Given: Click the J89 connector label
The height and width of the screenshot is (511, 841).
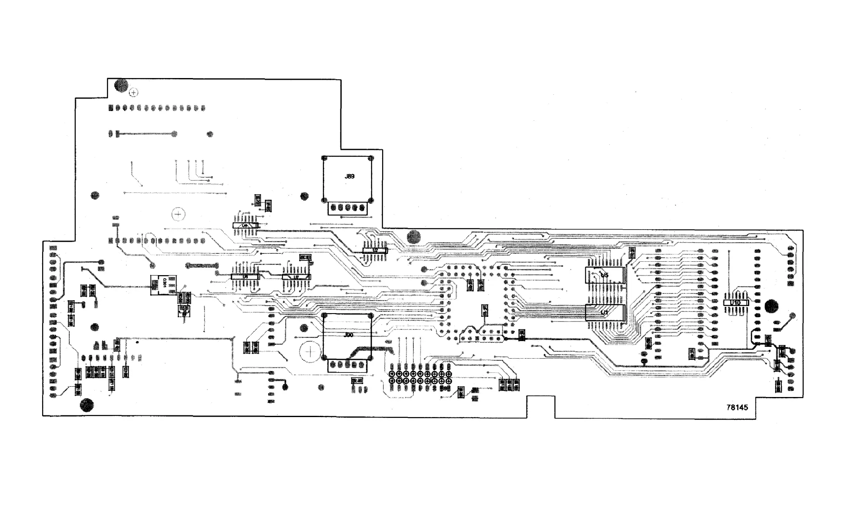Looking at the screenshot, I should pos(350,177).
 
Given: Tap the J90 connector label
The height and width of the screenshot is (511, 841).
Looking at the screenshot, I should pos(348,335).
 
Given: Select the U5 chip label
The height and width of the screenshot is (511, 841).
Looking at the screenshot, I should pos(604,275).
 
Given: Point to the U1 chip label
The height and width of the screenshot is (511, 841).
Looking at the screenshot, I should pos(604,312).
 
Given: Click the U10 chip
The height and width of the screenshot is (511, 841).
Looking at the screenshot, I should pos(735,303).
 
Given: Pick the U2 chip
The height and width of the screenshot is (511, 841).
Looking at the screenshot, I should pos(375,250).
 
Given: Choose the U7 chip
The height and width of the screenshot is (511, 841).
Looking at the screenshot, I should pos(296,277).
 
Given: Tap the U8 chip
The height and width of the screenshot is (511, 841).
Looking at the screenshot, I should pos(245,276).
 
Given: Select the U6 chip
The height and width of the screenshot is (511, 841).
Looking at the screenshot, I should pos(245,225).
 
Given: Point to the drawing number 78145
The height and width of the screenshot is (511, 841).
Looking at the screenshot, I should pos(737,407).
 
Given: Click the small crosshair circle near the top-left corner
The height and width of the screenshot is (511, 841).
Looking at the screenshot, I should pos(134,93).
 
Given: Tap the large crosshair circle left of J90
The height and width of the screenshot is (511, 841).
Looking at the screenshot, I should pos(310,352).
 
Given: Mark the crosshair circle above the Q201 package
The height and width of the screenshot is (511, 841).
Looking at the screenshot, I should pos(178,214).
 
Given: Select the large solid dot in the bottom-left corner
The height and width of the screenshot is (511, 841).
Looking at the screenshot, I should pos(87,405).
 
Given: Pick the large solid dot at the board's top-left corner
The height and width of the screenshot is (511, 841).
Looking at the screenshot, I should pos(121,85).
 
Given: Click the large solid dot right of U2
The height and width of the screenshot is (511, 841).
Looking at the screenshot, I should pos(414,237).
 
